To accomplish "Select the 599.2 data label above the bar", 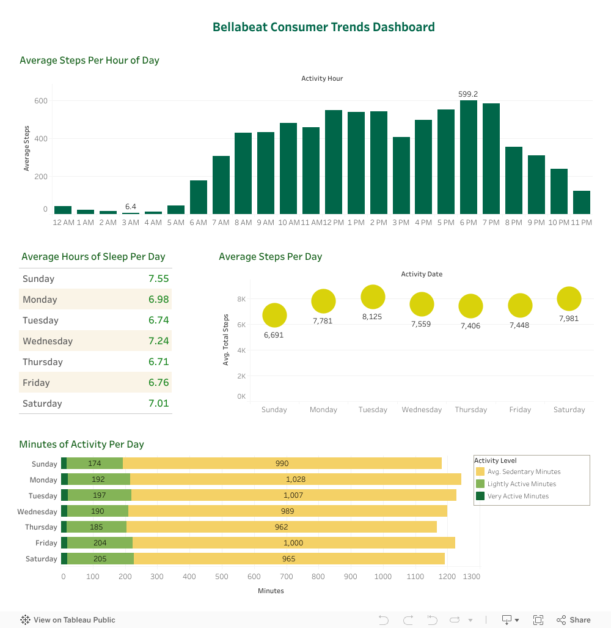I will point(468,94).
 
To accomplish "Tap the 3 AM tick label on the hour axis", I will point(130,223).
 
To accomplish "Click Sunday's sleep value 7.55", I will point(158,279).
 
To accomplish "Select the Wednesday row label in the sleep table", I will point(48,341).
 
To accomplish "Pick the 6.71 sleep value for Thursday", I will point(158,362).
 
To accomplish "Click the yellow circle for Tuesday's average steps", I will point(373,297).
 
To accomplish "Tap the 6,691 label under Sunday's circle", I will point(274,335).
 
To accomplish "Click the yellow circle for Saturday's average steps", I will point(569,299).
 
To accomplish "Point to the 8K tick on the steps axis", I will point(241,299).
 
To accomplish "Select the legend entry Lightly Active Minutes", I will point(521,484).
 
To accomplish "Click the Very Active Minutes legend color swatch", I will point(480,496).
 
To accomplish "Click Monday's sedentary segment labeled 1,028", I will point(295,479).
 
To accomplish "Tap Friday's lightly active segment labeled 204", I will point(100,543).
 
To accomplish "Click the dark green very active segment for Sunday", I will point(64,464).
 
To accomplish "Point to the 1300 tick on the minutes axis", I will point(471,577).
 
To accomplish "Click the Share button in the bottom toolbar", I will point(574,620).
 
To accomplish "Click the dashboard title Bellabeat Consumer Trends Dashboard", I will point(323,27).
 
